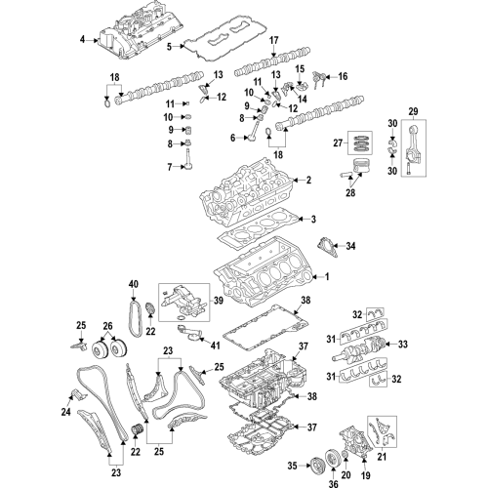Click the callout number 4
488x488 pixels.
click(83, 40)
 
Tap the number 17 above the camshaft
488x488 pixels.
click(274, 40)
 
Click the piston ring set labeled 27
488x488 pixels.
click(362, 143)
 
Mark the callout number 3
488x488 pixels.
click(314, 219)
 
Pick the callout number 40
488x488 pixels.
click(133, 285)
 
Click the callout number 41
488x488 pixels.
click(216, 345)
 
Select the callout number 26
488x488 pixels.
click(108, 327)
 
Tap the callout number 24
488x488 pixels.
click(66, 412)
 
